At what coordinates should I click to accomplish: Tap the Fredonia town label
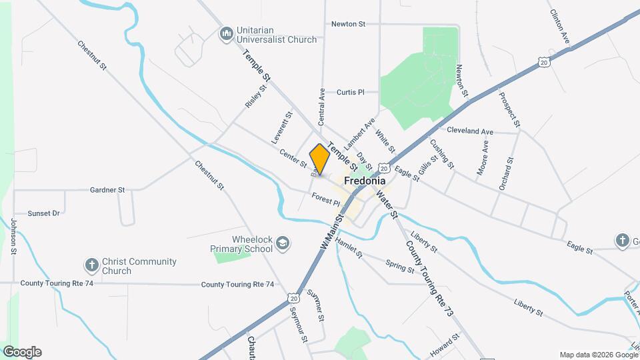[365, 181]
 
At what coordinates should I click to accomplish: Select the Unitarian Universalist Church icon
[226, 33]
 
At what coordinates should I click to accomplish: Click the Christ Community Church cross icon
[91, 265]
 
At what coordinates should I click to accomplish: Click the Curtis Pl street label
[351, 92]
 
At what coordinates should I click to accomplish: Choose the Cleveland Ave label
[470, 131]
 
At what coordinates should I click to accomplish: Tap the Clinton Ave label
[559, 24]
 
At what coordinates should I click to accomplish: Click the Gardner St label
[107, 190]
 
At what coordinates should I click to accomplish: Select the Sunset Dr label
[44, 213]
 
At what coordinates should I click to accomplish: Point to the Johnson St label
[13, 237]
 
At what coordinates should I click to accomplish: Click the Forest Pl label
[326, 198]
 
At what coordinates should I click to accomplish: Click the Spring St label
[400, 265]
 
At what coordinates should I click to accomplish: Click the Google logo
[22, 352]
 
